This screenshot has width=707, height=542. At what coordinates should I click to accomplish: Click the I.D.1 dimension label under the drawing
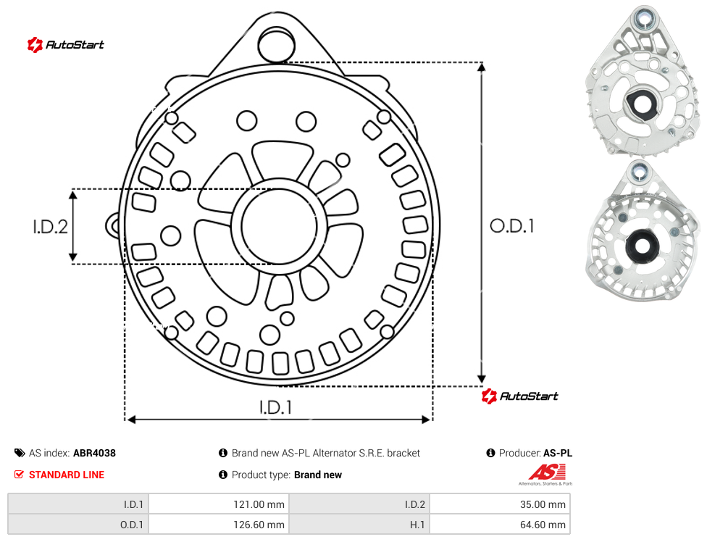[275, 407]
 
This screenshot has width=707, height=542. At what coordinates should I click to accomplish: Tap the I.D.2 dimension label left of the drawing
[50, 227]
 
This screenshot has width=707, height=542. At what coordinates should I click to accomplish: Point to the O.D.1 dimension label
[511, 226]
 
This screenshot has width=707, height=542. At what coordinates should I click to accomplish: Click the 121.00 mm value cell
[219, 504]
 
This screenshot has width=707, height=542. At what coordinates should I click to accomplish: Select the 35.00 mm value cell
[500, 504]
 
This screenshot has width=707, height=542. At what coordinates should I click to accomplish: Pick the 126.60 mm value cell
[219, 525]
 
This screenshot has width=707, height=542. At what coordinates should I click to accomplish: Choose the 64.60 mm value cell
[500, 525]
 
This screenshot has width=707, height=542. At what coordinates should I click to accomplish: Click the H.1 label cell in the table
[359, 525]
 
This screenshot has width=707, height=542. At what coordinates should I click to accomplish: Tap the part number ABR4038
[94, 453]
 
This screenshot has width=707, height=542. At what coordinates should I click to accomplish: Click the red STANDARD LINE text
[67, 475]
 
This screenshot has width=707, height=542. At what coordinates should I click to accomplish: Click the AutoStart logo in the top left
[65, 45]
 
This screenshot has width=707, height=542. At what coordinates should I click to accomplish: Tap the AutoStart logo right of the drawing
[519, 396]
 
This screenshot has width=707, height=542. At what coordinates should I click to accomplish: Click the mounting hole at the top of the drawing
[277, 44]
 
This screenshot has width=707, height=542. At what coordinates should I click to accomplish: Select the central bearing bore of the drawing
[278, 226]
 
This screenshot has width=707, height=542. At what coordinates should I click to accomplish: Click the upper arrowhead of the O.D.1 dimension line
[482, 67]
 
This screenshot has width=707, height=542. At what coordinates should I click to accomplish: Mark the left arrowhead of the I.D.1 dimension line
[131, 420]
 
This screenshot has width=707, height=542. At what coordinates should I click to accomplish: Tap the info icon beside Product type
[222, 475]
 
